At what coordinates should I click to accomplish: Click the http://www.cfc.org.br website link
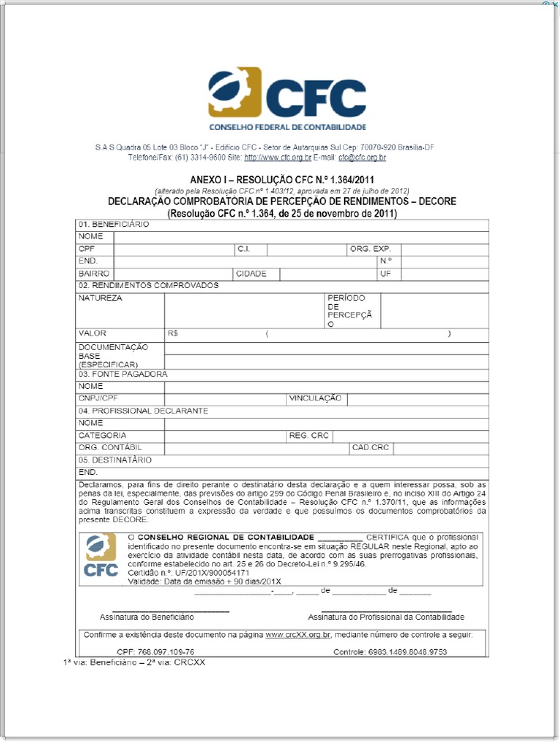[277, 158]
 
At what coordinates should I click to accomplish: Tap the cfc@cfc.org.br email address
[362, 158]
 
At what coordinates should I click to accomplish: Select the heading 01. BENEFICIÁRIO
[113, 225]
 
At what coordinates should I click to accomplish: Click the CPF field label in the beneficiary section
[87, 249]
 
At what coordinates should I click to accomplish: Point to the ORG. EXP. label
[370, 249]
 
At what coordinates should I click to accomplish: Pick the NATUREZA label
[101, 298]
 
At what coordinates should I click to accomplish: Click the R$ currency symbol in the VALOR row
[173, 333]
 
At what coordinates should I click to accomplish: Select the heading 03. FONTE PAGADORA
[122, 374]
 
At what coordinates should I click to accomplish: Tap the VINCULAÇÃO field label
[315, 398]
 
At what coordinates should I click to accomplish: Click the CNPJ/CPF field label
[98, 398]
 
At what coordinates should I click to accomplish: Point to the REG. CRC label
[309, 436]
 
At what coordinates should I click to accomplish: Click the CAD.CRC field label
[370, 447]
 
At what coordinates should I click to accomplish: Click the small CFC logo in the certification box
[101, 556]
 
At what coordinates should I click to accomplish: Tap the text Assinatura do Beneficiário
[147, 617]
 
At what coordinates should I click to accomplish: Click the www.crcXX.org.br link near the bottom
[298, 635]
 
